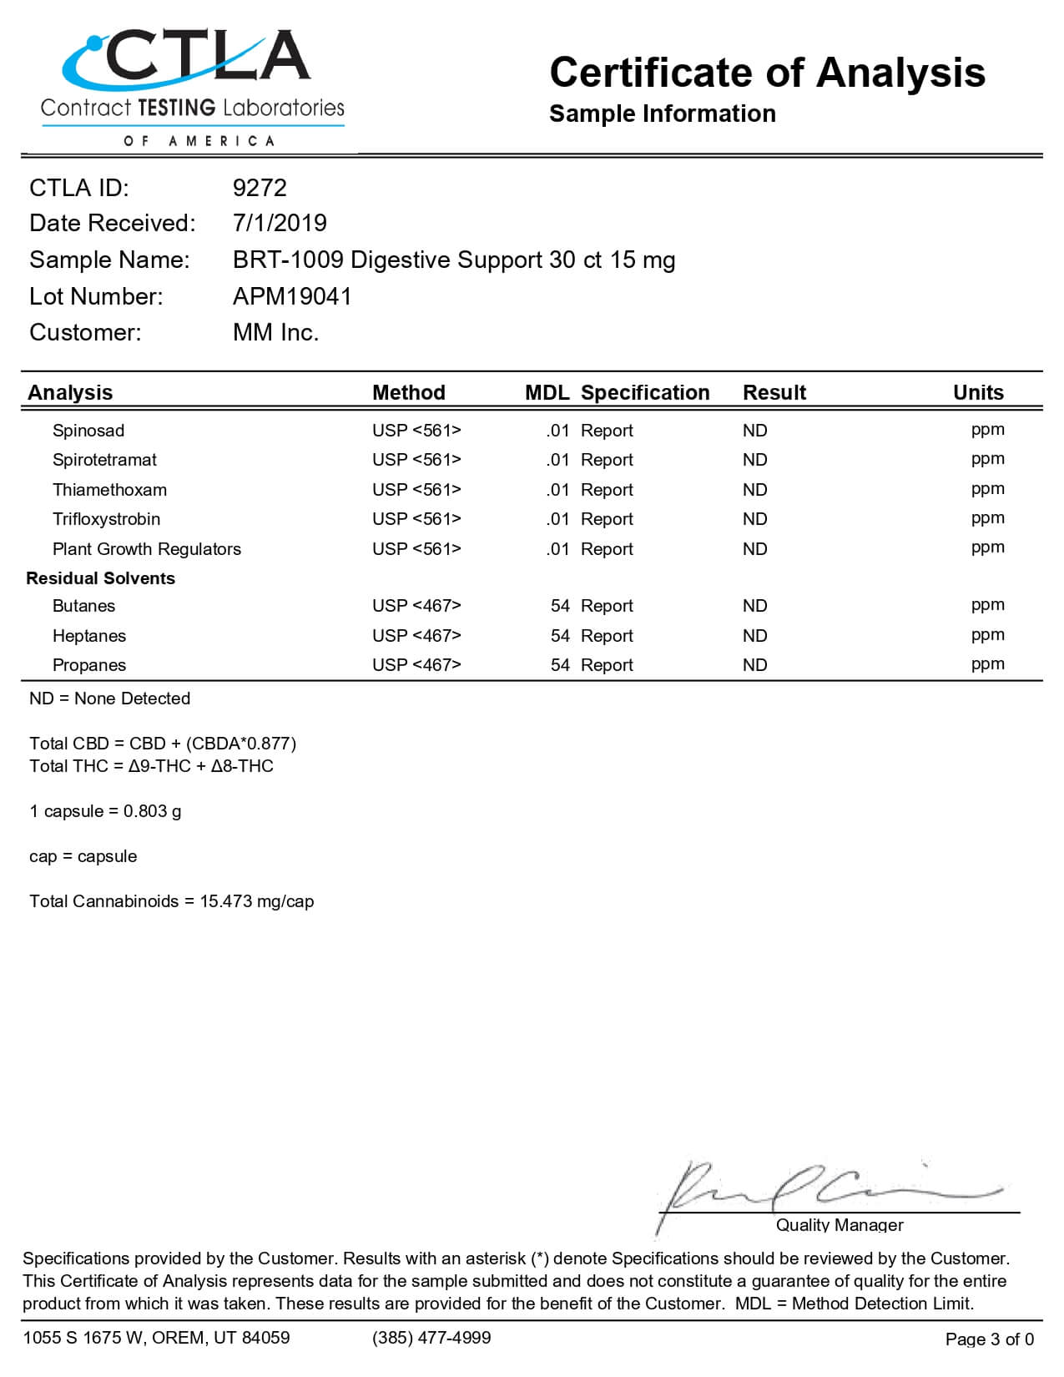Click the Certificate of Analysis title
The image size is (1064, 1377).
coord(767,73)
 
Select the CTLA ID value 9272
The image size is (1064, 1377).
coord(260,188)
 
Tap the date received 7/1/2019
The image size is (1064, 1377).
coord(280,223)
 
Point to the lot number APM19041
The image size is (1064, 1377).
coord(292,296)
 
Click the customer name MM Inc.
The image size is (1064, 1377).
coord(275,332)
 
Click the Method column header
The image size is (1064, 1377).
coord(408,392)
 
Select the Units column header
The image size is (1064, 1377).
coord(978,392)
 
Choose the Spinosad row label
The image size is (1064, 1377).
coord(88,431)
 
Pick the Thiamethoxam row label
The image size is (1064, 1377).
coord(109,490)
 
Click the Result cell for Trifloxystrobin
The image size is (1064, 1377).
coord(754,519)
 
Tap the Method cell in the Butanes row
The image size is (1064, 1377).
coord(416,606)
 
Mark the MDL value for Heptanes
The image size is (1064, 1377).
coord(559,636)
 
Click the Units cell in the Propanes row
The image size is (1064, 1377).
coord(987,664)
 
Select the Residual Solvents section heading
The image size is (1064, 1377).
coord(100,578)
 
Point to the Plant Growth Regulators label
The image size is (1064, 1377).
coord(146,549)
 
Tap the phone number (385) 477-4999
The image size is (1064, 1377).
coord(431,1338)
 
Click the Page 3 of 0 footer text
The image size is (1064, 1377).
coord(989,1339)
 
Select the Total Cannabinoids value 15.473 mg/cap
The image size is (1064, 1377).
coord(256,901)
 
